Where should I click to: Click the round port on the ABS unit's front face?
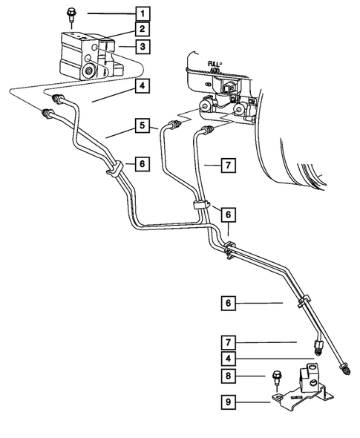coord(89,72)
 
